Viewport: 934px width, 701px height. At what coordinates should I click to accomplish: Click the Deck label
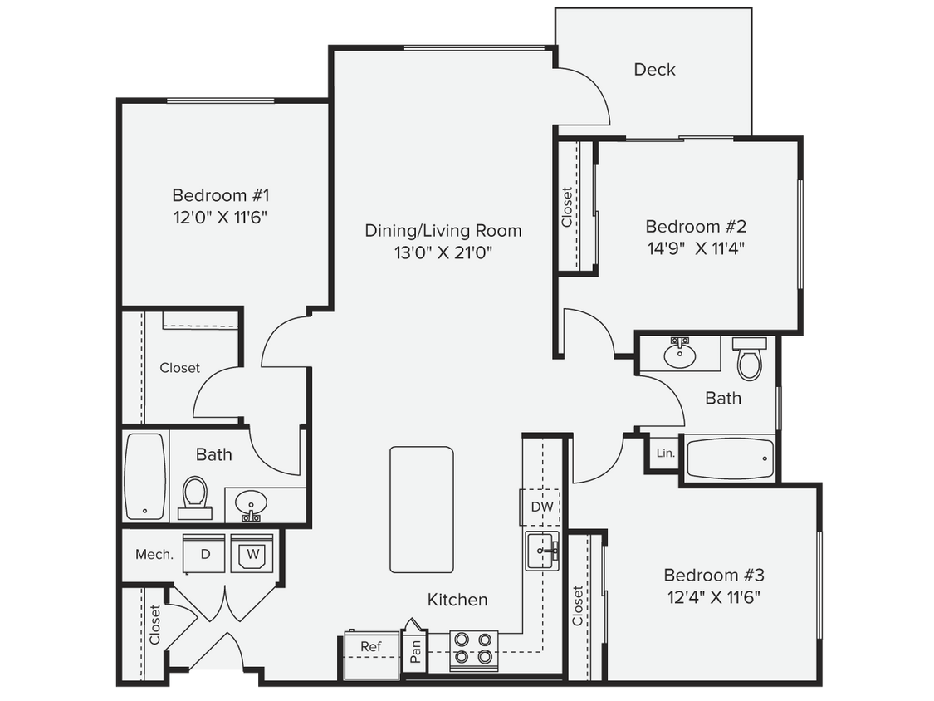654,70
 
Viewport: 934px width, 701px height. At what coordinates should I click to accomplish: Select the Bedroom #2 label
696,226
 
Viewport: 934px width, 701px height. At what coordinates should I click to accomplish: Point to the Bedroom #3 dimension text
714,596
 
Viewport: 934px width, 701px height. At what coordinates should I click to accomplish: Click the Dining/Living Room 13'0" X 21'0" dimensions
443,252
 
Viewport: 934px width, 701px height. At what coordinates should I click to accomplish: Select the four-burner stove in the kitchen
473,650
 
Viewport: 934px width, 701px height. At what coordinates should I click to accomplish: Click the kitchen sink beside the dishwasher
542,551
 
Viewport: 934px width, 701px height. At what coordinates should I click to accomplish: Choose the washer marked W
253,554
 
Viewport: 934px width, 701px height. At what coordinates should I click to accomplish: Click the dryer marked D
205,554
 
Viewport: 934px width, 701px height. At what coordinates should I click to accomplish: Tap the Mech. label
154,555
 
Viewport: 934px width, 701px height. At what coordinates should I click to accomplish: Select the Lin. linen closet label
665,453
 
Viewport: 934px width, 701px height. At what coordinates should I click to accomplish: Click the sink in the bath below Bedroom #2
680,355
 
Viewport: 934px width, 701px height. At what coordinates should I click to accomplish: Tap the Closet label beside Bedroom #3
578,606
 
